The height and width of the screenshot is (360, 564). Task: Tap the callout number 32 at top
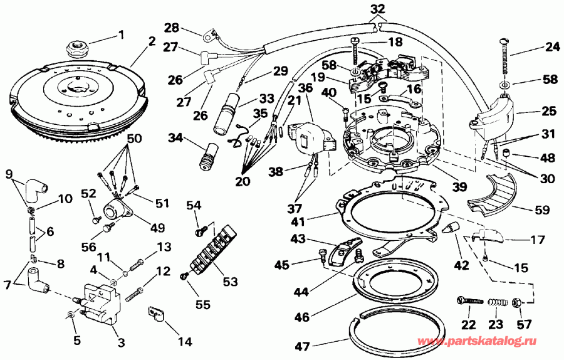(377, 9)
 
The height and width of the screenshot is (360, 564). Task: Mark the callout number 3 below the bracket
(120, 343)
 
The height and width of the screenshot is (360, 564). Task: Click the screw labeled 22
(469, 302)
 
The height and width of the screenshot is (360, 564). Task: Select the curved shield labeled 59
(493, 194)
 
